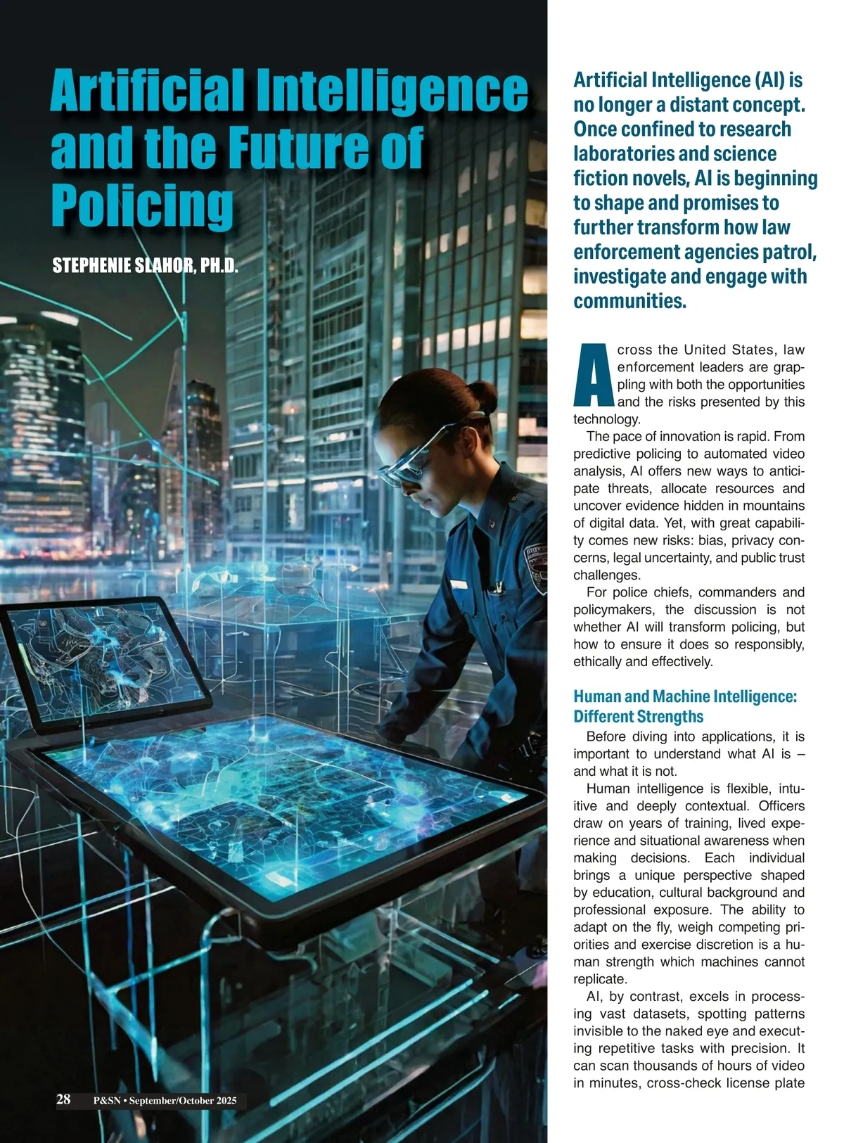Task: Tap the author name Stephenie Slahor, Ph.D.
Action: point(146,266)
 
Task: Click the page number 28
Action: point(63,1099)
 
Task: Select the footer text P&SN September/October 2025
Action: point(165,1101)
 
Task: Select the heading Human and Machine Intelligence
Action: point(685,696)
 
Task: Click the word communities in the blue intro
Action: point(629,301)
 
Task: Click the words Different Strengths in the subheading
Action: point(638,717)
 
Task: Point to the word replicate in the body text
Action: point(599,979)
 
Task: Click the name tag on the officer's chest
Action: point(458,585)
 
